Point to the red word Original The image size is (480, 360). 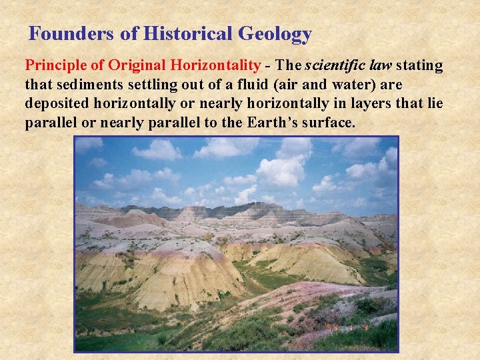(136, 65)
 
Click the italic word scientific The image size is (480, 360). (336, 65)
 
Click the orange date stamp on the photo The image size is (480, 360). (348, 327)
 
